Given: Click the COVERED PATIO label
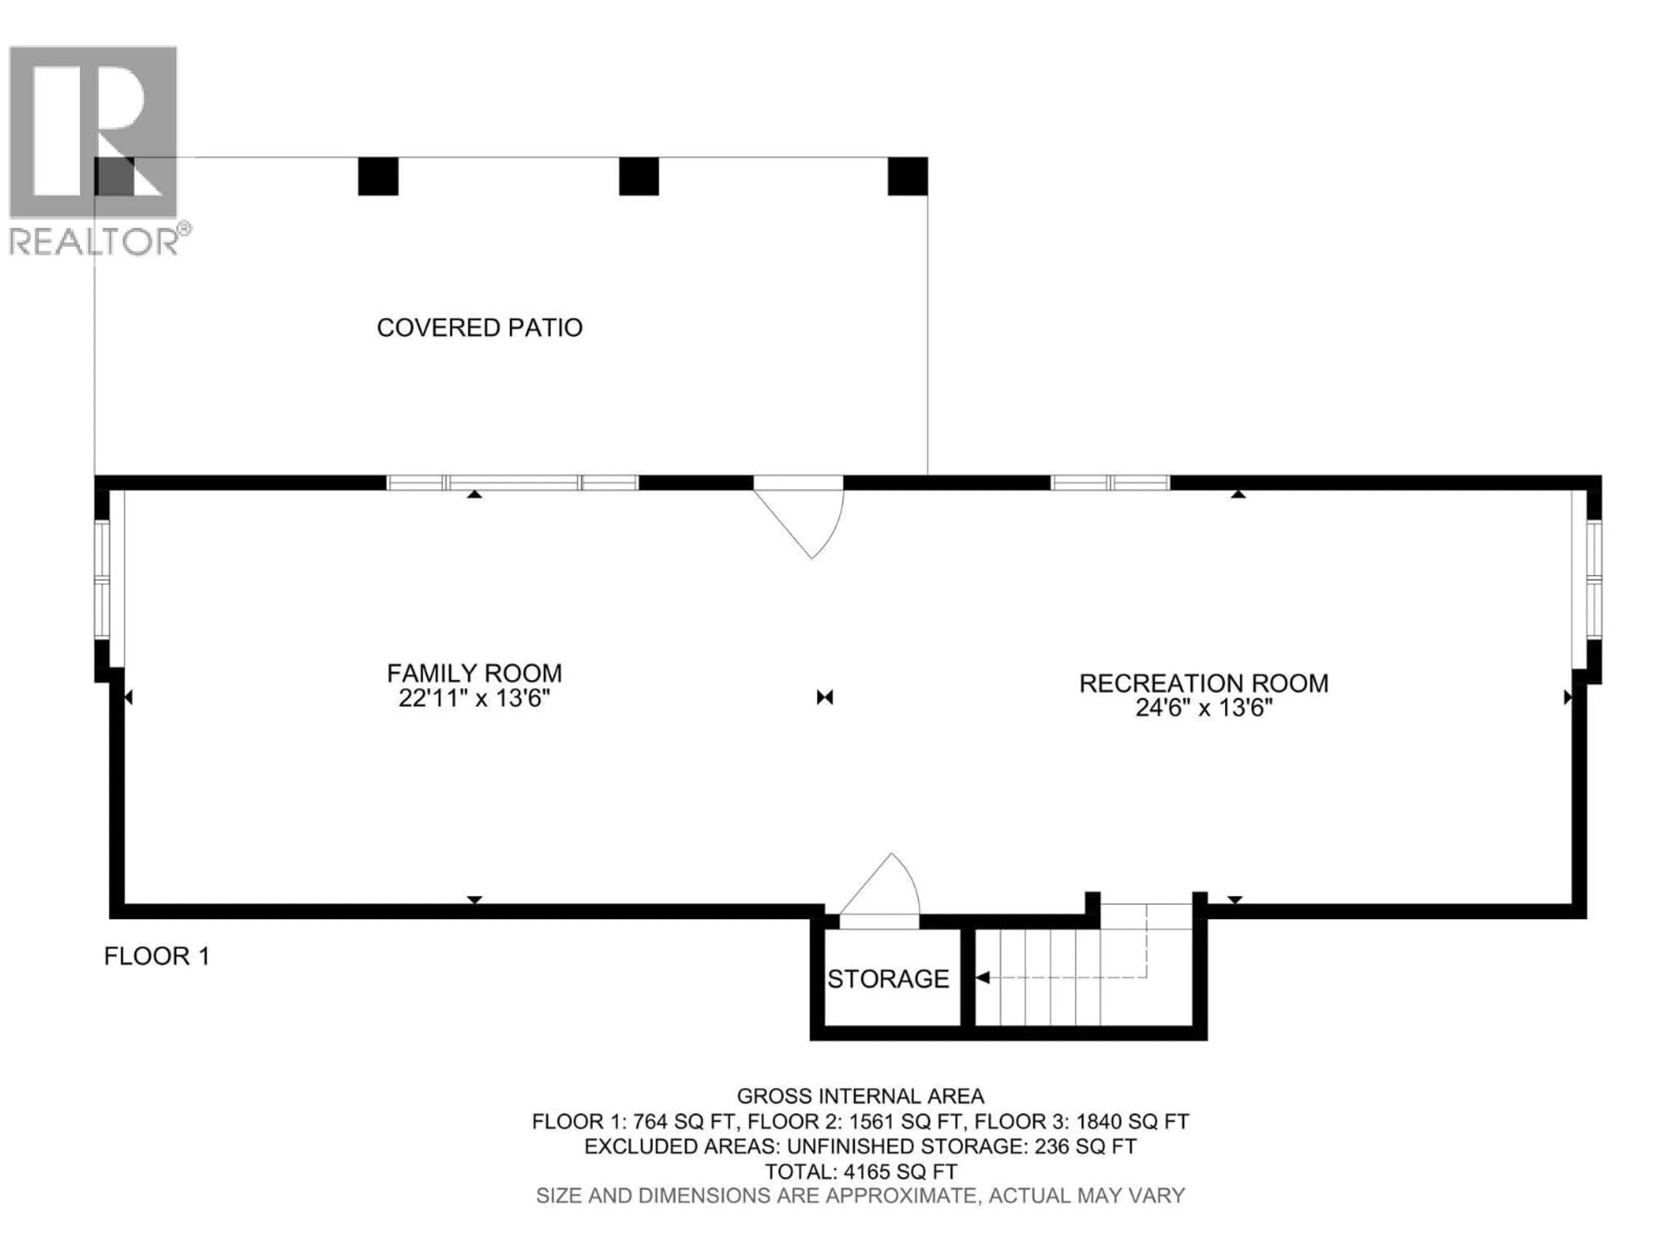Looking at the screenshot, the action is pos(479,328).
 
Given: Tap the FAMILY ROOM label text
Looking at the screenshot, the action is pos(474,673).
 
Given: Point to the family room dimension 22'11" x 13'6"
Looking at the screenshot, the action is pos(474,698).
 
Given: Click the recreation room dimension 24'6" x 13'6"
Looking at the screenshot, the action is pos(1204,708).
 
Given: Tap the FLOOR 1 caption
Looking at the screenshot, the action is pos(157,956).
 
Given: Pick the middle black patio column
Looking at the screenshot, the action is pos(639,176).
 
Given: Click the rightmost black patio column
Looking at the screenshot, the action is pos(908,176).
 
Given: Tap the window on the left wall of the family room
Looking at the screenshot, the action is pos(102,580).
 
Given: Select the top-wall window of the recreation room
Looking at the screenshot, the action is pos(1110,483).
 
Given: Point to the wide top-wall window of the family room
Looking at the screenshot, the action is pos(513,483).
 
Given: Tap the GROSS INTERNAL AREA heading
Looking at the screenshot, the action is pos(861,1096).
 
